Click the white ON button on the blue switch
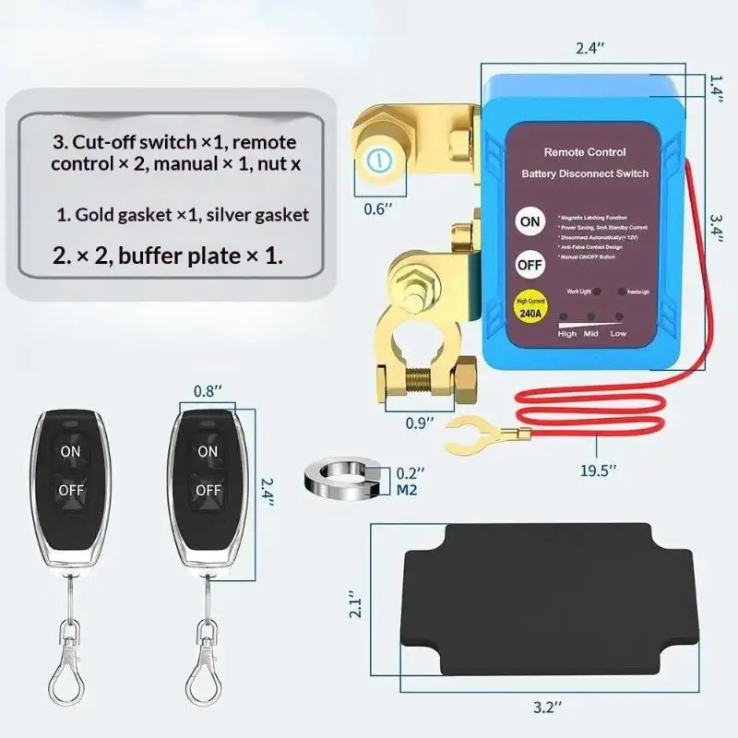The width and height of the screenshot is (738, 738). [x=530, y=221]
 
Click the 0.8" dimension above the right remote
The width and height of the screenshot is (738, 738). [x=208, y=390]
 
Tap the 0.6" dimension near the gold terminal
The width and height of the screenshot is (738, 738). [x=373, y=208]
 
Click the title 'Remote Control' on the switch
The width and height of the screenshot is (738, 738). [x=585, y=151]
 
